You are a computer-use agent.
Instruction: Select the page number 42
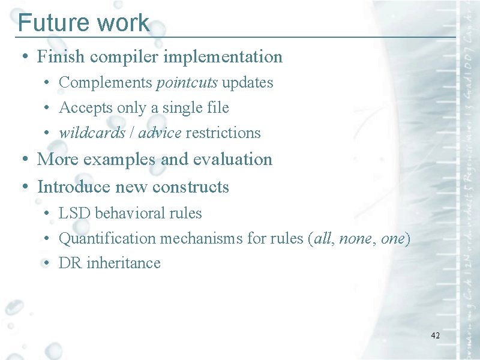tap(435, 335)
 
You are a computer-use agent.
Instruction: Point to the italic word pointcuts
tap(187, 82)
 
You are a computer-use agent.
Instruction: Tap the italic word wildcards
tap(91, 133)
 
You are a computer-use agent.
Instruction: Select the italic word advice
tap(159, 133)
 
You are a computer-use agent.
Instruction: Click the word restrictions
tap(223, 133)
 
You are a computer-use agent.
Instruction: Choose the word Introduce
tap(74, 187)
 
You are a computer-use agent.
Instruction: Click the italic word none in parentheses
tap(355, 238)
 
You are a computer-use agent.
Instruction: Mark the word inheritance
tap(123, 263)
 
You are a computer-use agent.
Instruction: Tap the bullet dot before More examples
tap(22, 160)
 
